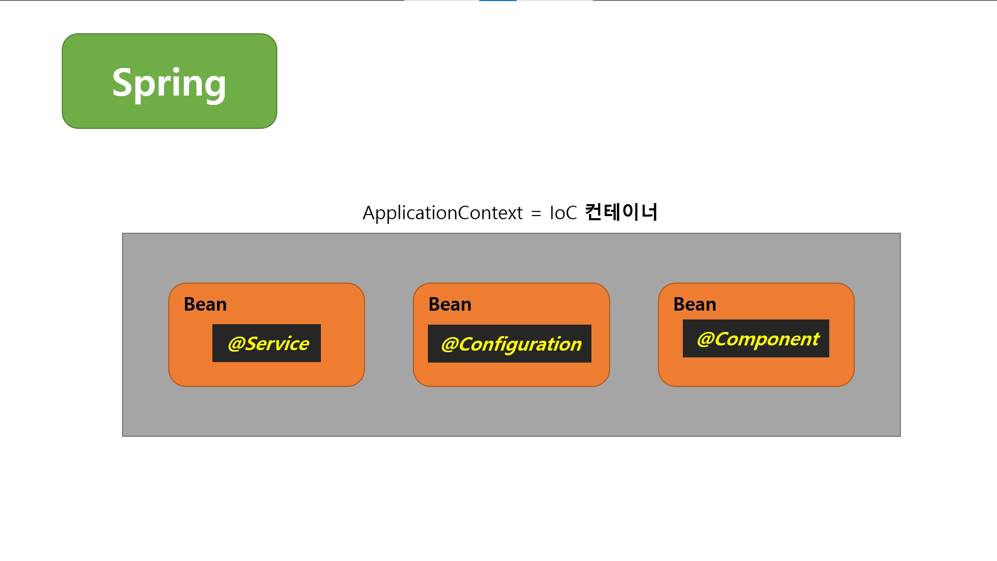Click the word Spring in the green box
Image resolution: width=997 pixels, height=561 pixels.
pyautogui.click(x=169, y=83)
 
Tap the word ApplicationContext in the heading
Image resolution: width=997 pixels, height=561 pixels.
pyautogui.click(x=442, y=213)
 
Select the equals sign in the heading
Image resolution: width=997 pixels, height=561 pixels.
pyautogui.click(x=536, y=213)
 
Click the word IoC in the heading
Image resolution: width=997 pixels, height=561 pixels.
pyautogui.click(x=563, y=213)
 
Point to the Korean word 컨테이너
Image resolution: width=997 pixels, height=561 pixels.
pyautogui.click(x=621, y=212)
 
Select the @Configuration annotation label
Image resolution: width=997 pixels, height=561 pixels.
pyautogui.click(x=510, y=344)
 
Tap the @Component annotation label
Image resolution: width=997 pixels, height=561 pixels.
pyautogui.click(x=757, y=339)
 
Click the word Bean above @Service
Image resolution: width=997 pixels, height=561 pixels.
pyautogui.click(x=205, y=304)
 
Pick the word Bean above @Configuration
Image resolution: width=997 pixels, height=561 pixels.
pyautogui.click(x=450, y=304)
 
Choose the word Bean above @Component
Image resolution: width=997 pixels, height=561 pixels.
pyautogui.click(x=695, y=304)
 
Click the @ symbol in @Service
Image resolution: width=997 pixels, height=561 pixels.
pyautogui.click(x=236, y=344)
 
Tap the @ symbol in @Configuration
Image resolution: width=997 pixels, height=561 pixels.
pyautogui.click(x=449, y=344)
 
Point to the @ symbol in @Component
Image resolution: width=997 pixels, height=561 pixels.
pyautogui.click(x=706, y=339)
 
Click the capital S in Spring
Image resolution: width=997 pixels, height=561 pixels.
pyautogui.click(x=122, y=82)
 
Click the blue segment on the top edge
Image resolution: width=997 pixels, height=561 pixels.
pyautogui.click(x=497, y=1)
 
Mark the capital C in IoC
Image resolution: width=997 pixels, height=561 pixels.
pyautogui.click(x=571, y=213)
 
